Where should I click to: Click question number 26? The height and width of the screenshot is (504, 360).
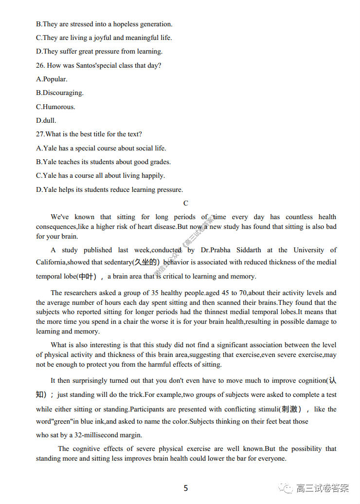(x=40, y=65)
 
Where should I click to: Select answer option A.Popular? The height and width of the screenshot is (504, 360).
(x=52, y=79)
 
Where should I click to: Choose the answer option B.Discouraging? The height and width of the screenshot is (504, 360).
(x=60, y=93)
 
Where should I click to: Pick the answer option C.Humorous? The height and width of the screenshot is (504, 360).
(x=55, y=107)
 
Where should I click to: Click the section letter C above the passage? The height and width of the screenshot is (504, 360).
(x=186, y=203)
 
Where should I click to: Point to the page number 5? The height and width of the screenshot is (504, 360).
(x=186, y=488)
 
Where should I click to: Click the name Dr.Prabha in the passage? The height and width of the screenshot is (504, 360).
(x=216, y=250)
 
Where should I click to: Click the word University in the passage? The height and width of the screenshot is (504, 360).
(x=311, y=250)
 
